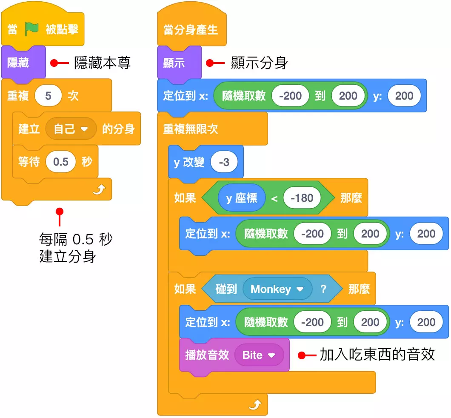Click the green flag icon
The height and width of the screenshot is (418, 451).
click(x=31, y=29)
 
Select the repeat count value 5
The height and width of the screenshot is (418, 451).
click(x=48, y=95)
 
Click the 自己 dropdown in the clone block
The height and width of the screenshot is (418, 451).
click(x=71, y=129)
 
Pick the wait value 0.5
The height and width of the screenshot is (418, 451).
click(x=60, y=162)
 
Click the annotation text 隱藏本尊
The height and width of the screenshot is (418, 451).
click(x=102, y=63)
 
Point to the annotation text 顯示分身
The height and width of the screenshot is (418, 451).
click(x=259, y=63)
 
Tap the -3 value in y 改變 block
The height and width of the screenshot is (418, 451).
click(x=223, y=162)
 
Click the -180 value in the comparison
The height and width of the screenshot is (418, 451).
click(x=301, y=198)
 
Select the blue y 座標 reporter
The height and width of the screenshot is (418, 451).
click(x=241, y=198)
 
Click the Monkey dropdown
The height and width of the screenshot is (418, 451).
click(x=277, y=289)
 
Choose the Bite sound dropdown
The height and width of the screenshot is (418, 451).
click(x=259, y=355)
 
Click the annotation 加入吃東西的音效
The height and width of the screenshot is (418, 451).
click(x=377, y=355)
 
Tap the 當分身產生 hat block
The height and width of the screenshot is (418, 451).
click(x=191, y=30)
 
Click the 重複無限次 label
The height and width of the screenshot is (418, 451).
click(x=191, y=129)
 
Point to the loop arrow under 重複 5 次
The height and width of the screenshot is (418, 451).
click(x=99, y=191)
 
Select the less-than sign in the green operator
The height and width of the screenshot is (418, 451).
click(x=274, y=198)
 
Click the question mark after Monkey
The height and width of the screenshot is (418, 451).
click(x=323, y=289)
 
